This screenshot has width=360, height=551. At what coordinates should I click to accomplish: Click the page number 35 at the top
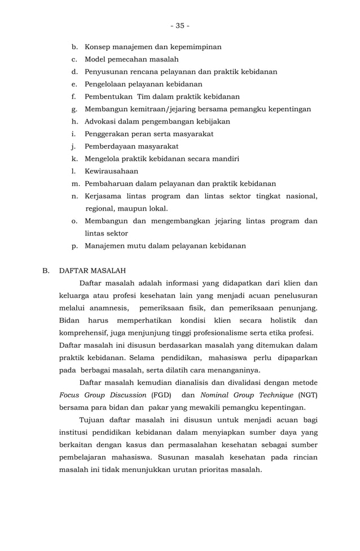180,25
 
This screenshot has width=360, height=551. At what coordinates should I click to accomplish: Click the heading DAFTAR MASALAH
93,270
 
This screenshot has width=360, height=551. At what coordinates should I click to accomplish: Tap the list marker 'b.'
74,47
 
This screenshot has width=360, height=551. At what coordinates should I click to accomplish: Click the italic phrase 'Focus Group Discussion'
103,395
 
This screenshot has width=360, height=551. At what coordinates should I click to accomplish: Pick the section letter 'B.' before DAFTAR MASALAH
46,270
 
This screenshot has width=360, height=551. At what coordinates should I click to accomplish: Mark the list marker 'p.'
74,246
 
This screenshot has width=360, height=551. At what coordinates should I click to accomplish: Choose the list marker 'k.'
74,159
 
